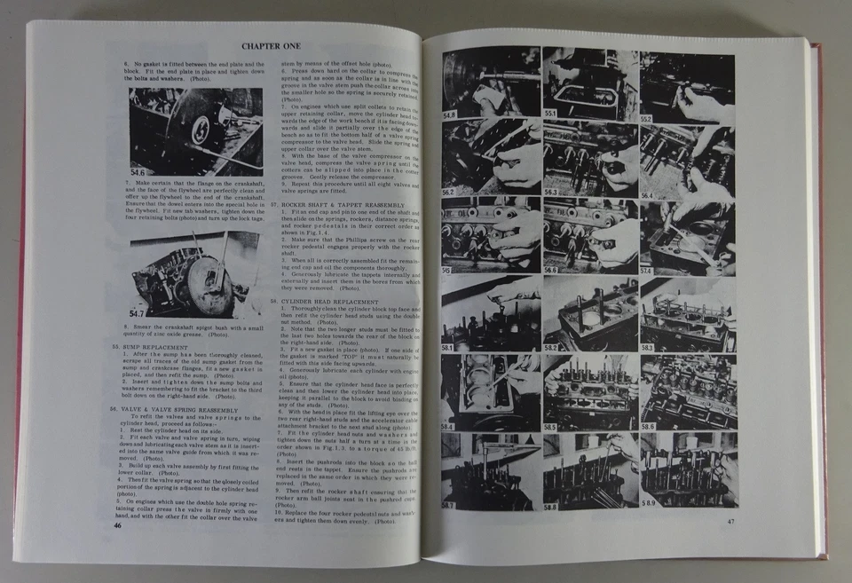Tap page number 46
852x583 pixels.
click(118, 525)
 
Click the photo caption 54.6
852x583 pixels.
click(138, 171)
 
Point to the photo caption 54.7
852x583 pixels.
click(138, 313)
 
